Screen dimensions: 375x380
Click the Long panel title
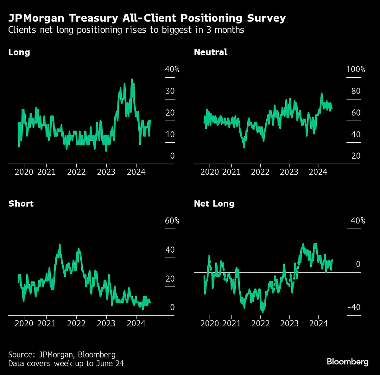(19, 52)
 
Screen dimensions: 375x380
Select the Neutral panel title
(211, 52)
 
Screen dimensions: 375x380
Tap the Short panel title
(21, 204)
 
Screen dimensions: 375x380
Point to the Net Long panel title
(214, 204)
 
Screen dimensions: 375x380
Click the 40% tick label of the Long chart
(172, 69)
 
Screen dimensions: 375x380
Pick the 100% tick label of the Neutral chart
(355, 69)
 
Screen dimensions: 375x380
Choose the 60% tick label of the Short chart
(172, 221)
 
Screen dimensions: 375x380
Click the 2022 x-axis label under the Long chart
(76, 172)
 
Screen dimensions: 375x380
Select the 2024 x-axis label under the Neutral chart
(318, 172)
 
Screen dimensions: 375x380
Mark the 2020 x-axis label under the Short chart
(24, 323)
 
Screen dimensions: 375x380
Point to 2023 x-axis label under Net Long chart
(289, 323)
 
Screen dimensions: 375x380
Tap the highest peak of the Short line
(60, 244)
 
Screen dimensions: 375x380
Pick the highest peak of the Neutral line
(321, 93)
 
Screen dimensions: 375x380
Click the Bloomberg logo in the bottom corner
(347, 362)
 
